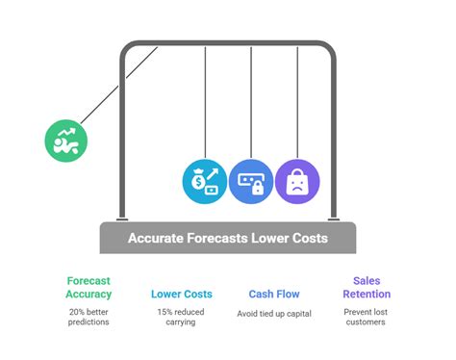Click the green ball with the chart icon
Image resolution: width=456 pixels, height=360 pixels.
(x=66, y=141)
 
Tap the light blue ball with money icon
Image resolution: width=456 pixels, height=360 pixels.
(x=203, y=180)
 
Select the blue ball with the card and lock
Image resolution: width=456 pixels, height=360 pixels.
(x=249, y=180)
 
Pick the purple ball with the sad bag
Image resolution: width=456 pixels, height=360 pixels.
(x=295, y=180)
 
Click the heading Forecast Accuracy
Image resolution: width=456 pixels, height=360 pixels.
(x=89, y=287)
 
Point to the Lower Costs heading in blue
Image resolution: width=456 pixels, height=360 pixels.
(x=182, y=294)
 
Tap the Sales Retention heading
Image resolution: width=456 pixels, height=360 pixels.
(x=366, y=287)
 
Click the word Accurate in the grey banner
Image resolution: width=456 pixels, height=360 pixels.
(x=157, y=238)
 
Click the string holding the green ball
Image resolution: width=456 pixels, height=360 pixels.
(x=115, y=89)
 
